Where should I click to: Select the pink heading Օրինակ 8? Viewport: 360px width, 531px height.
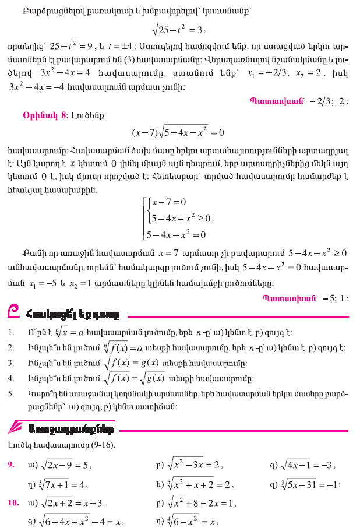(x=42, y=114)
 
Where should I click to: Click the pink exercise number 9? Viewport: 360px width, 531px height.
(x=11, y=465)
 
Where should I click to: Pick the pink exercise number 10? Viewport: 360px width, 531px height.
(x=13, y=502)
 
